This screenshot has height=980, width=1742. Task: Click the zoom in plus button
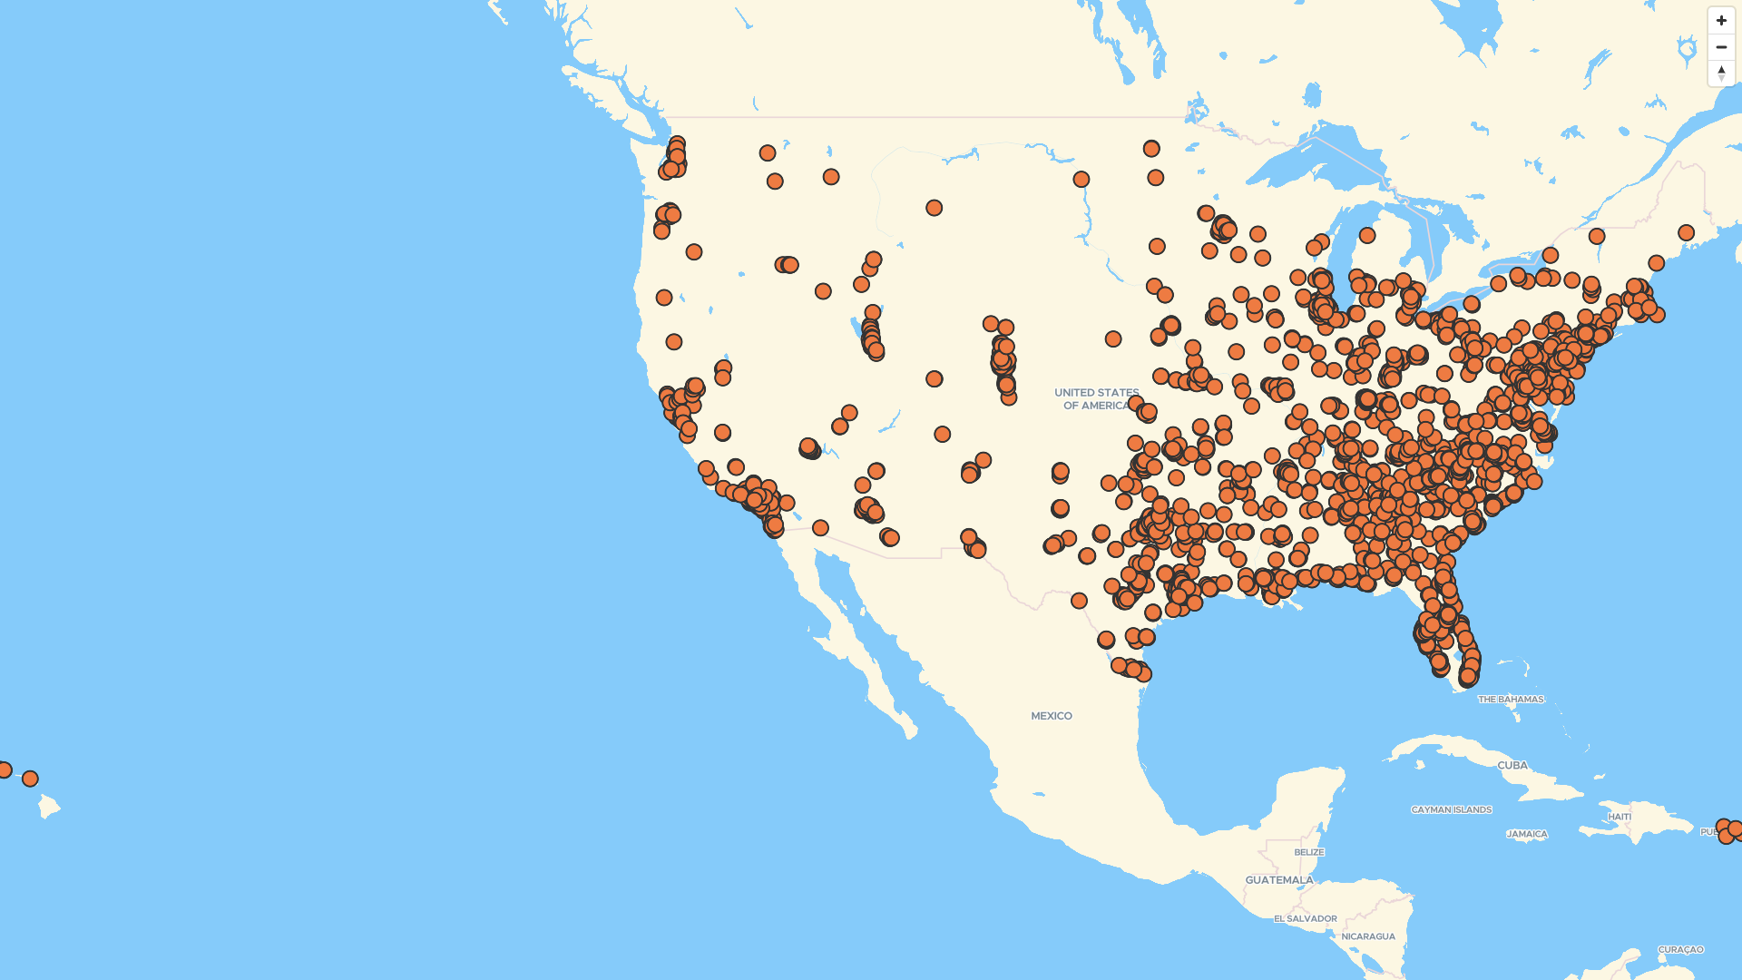[x=1721, y=20]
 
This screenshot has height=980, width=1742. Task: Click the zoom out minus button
[x=1721, y=46]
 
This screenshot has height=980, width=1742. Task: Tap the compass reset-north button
[x=1721, y=73]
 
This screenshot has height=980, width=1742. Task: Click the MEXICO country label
[x=1051, y=716]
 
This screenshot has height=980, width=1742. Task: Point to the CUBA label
[x=1512, y=766]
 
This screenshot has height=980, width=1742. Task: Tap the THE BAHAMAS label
[x=1510, y=700]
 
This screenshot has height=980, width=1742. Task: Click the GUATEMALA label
[x=1278, y=880]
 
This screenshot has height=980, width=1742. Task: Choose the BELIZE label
[x=1308, y=852]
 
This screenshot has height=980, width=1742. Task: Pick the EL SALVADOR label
[x=1305, y=918]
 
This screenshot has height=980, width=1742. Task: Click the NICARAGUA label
[x=1367, y=936]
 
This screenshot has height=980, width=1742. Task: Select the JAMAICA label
[x=1526, y=834]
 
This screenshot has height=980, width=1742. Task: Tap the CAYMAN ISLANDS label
[x=1451, y=809]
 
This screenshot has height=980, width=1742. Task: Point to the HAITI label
[x=1619, y=817]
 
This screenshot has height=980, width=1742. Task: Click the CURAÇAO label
[x=1680, y=950]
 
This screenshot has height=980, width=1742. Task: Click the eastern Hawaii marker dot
[x=30, y=779]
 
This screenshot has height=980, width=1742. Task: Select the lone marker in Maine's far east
[x=1686, y=232]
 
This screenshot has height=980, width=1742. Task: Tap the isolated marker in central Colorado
[x=934, y=378]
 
